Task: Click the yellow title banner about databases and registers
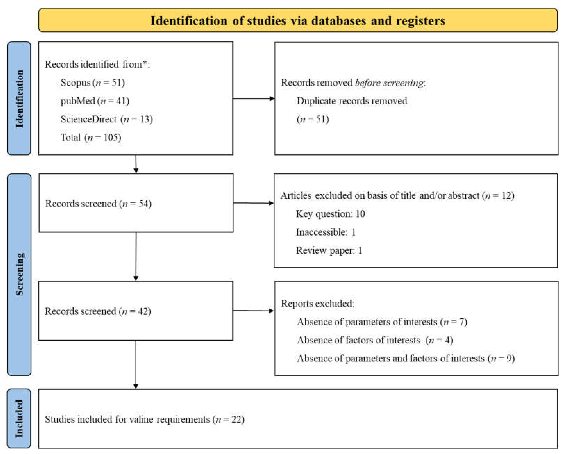tap(298, 20)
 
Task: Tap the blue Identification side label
tap(19, 98)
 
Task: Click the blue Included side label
tap(19, 419)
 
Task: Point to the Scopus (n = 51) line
tap(92, 83)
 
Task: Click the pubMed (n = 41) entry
tap(95, 101)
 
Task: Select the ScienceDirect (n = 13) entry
tap(106, 119)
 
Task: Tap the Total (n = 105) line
tap(91, 137)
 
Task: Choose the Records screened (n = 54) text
tap(98, 204)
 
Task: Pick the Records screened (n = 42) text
tap(98, 311)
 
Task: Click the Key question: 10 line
tap(330, 214)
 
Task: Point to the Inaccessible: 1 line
tap(326, 232)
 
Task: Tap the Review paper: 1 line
tap(329, 250)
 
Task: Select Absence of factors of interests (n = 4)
tap(375, 340)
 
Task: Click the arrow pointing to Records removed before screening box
tap(253, 99)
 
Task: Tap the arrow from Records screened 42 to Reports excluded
tap(253, 311)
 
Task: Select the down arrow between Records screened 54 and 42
tap(136, 257)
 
